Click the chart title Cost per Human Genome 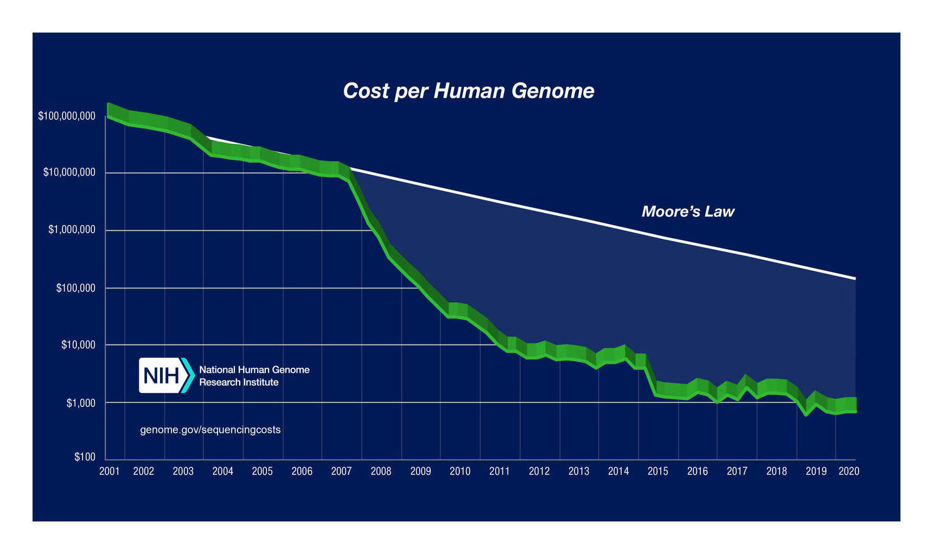pyautogui.click(x=468, y=91)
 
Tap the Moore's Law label pyautogui.click(x=688, y=211)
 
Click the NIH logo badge pyautogui.click(x=166, y=375)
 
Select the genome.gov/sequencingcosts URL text pyautogui.click(x=210, y=430)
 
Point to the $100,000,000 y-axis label pyautogui.click(x=66, y=116)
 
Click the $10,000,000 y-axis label pyautogui.click(x=69, y=172)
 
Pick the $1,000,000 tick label pyautogui.click(x=71, y=230)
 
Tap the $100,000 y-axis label pyautogui.click(x=75, y=288)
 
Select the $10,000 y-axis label pyautogui.click(x=78, y=345)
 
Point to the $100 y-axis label pyautogui.click(x=85, y=457)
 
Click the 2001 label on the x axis pyautogui.click(x=109, y=471)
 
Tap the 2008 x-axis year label pyautogui.click(x=381, y=471)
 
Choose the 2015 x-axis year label pyautogui.click(x=657, y=471)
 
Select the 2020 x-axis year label pyautogui.click(x=848, y=471)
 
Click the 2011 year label pyautogui.click(x=499, y=471)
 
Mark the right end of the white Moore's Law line pyautogui.click(x=855, y=278)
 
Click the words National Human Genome pyautogui.click(x=254, y=370)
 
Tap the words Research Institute pyautogui.click(x=239, y=382)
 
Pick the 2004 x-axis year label pyautogui.click(x=222, y=471)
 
